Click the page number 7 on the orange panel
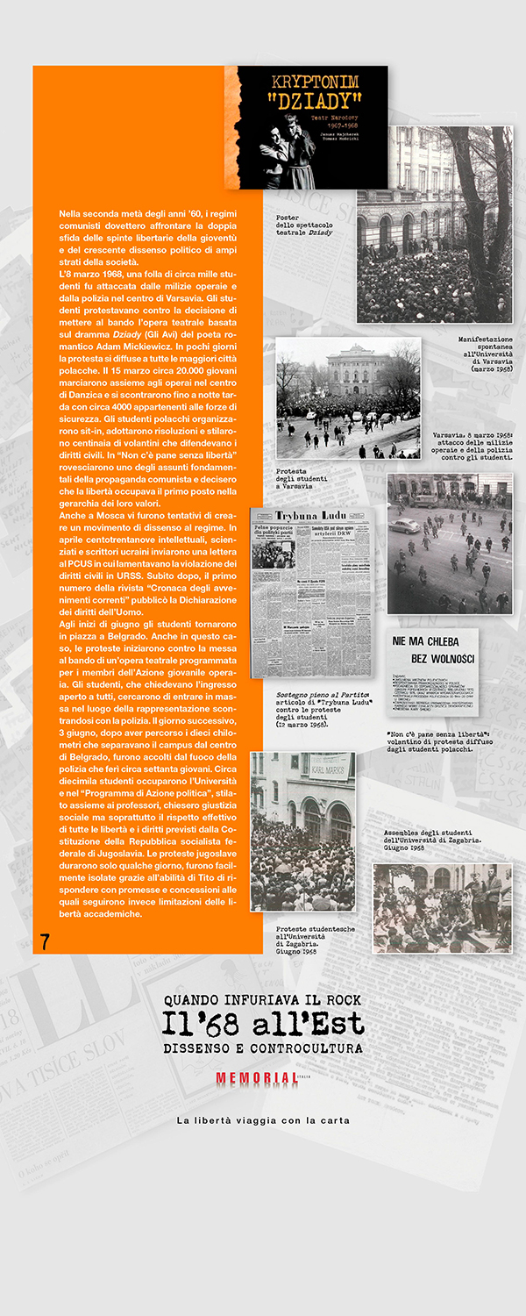pyautogui.click(x=45, y=942)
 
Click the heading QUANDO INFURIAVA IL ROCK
pyautogui.click(x=262, y=1000)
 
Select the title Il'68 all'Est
pyautogui.click(x=263, y=1024)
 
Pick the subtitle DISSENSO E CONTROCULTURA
pyautogui.click(x=263, y=1048)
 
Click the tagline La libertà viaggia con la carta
pyautogui.click(x=263, y=1120)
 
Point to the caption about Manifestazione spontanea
pyautogui.click(x=485, y=354)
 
